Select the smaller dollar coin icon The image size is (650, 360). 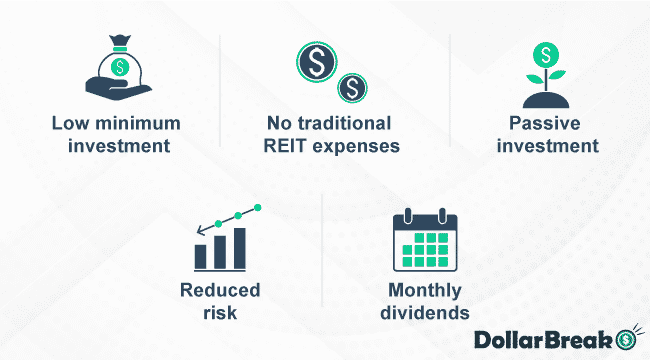352,88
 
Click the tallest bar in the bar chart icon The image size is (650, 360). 239,248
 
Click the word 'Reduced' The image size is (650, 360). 220,291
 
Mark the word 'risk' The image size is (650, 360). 220,312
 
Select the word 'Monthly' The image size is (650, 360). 424,291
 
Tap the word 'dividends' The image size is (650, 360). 424,312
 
